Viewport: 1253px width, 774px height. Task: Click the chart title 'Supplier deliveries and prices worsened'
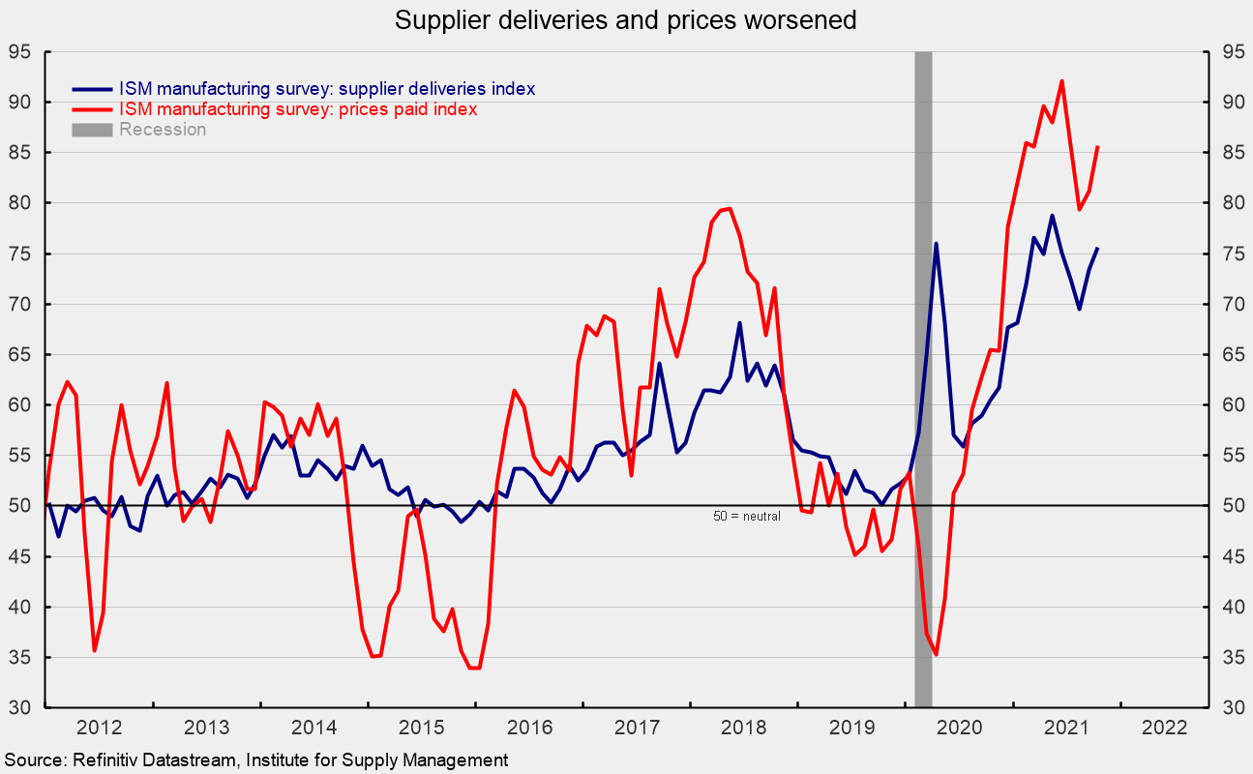coord(626,20)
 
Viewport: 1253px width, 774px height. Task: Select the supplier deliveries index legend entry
coord(326,89)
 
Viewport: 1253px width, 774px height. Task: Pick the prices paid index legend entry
coord(297,109)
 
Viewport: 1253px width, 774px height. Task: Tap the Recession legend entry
coord(162,130)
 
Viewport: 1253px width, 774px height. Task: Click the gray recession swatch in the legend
coord(91,130)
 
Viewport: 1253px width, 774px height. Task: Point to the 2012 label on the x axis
coord(100,729)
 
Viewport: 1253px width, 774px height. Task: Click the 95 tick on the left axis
coord(20,51)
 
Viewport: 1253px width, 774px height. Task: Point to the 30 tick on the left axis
coord(20,708)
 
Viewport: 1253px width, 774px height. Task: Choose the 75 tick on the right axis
coord(1231,253)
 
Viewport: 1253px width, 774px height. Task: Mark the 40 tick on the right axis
coord(1231,607)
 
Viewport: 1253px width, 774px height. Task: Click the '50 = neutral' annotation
coord(746,517)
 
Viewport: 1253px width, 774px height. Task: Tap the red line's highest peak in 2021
coord(1061,80)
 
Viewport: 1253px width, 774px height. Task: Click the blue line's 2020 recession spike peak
coord(937,243)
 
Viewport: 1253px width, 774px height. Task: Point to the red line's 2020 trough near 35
coord(936,655)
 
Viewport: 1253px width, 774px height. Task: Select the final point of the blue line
coord(1097,249)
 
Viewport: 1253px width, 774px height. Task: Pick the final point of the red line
coord(1097,147)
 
